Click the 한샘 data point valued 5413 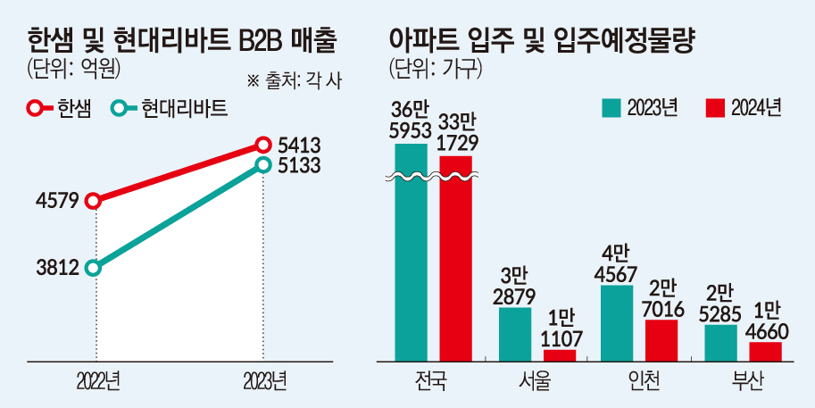pyautogui.click(x=263, y=145)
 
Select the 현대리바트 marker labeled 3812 pyautogui.click(x=94, y=268)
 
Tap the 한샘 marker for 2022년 pyautogui.click(x=94, y=202)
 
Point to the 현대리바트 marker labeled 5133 pyautogui.click(x=263, y=164)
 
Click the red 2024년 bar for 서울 pyautogui.click(x=560, y=354)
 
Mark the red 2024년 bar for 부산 pyautogui.click(x=765, y=351)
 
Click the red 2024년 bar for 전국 pyautogui.click(x=455, y=259)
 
